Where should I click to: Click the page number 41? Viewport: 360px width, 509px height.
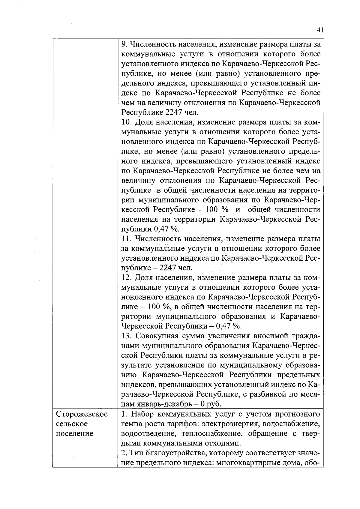coord(320,30)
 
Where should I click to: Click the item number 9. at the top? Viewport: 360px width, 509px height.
coord(124,45)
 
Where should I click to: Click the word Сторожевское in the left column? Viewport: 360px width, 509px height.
coord(82,414)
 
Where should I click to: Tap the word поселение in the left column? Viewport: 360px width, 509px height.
coord(75,433)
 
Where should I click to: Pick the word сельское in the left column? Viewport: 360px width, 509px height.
coord(72,424)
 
